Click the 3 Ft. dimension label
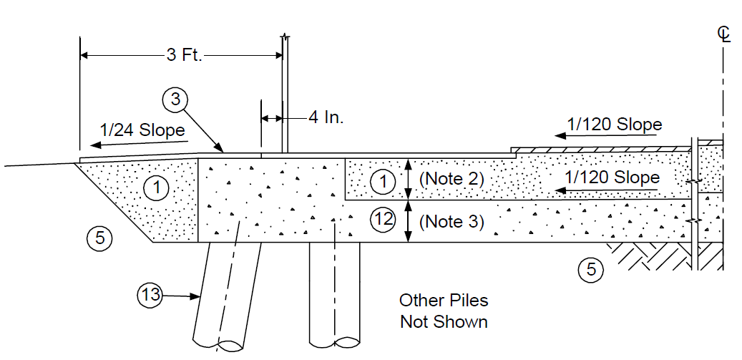(184, 55)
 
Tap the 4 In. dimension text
(326, 117)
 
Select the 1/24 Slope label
(142, 130)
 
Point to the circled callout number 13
(149, 296)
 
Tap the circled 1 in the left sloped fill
(157, 189)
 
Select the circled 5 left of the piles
(100, 236)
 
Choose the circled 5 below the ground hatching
(591, 269)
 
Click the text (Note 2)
(451, 180)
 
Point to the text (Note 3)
(451, 221)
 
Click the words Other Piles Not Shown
(444, 311)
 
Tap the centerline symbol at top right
(723, 34)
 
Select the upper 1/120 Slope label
(614, 125)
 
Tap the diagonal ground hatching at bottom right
(665, 256)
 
